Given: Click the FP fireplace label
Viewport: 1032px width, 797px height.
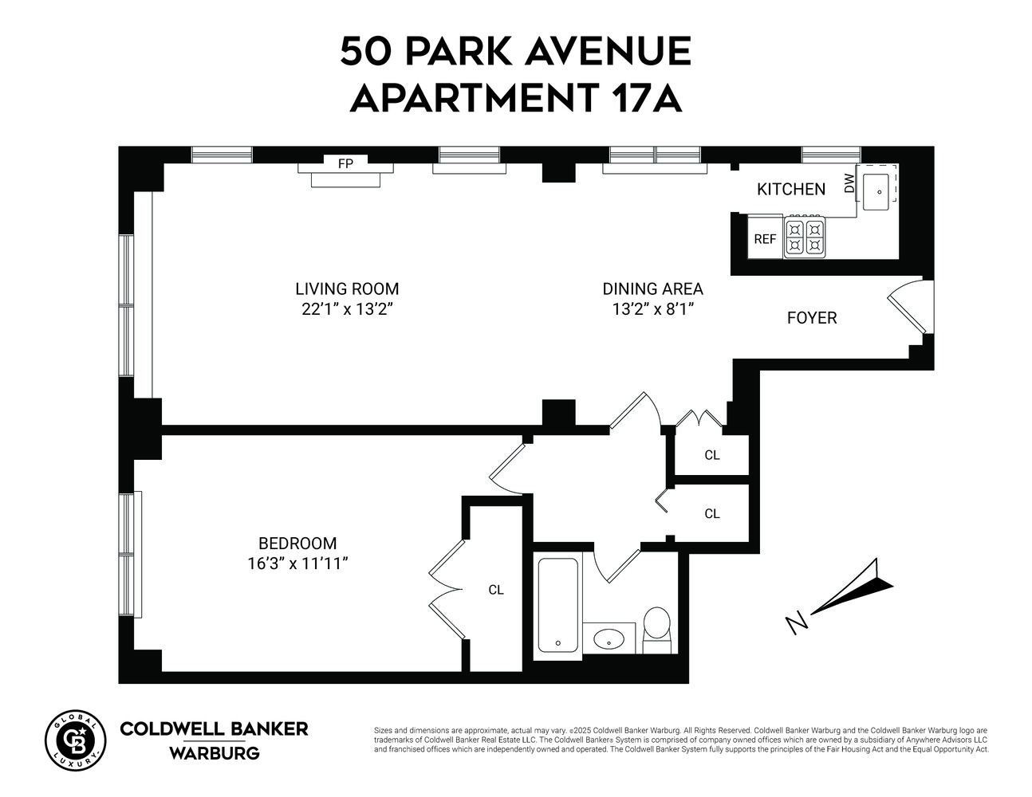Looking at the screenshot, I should (x=345, y=164).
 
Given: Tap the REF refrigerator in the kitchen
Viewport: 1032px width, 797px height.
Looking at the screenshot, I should (x=765, y=238).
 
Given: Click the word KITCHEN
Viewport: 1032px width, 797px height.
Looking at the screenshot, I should (x=790, y=189).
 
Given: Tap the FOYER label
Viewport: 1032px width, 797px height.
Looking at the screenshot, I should (x=811, y=318).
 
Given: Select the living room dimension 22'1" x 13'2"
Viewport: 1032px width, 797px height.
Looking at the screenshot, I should (x=347, y=309).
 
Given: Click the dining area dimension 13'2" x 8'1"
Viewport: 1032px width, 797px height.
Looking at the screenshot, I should (x=652, y=309).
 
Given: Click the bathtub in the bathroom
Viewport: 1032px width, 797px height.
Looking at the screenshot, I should (x=557, y=605).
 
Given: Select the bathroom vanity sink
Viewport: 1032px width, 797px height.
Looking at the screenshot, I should (x=610, y=638).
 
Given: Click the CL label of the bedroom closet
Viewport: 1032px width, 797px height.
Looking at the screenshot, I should (x=496, y=590).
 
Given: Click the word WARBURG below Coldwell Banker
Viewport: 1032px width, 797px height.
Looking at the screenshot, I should (x=214, y=753).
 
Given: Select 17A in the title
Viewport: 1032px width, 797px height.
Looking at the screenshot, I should (x=647, y=98).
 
